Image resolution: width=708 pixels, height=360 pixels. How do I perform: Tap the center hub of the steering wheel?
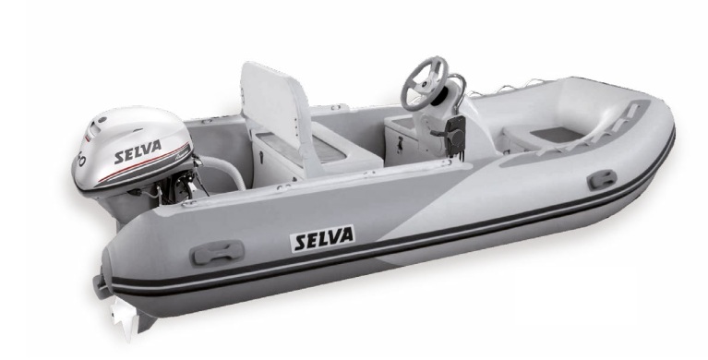(x=425, y=83)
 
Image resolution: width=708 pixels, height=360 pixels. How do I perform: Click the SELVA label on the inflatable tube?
(x=322, y=238)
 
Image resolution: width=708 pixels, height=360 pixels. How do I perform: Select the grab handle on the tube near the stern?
(x=218, y=253)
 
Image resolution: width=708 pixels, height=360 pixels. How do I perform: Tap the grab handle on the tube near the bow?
(x=602, y=179)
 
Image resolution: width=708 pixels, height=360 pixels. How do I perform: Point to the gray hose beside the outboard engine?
(x=223, y=169)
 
